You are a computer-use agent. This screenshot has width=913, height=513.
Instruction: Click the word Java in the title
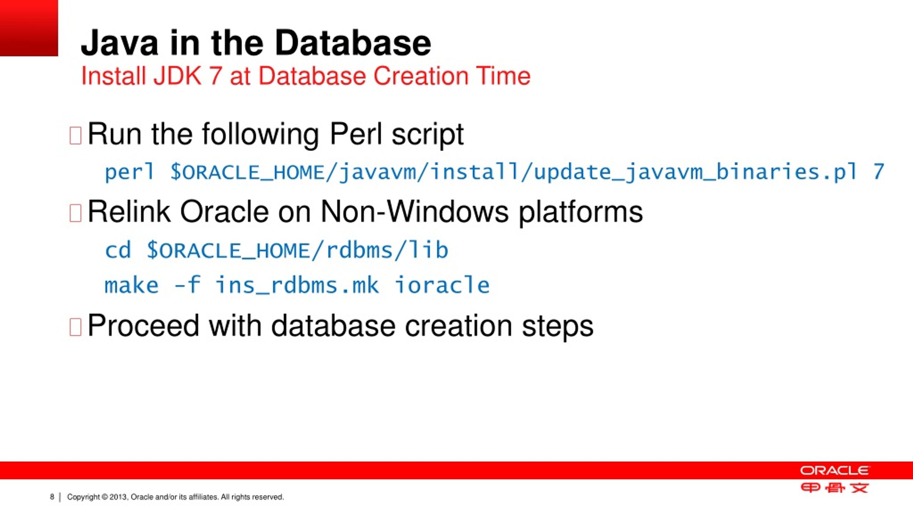tap(119, 43)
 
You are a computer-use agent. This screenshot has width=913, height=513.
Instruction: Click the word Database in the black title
tap(353, 43)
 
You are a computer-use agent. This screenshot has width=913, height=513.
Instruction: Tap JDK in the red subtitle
tap(177, 76)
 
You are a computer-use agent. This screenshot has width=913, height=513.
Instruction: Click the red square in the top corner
tap(29, 28)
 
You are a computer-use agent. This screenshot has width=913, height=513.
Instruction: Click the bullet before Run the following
tap(75, 135)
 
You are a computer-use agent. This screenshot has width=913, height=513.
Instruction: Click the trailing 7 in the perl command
tap(879, 172)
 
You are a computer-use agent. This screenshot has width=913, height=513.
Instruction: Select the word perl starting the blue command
tap(129, 172)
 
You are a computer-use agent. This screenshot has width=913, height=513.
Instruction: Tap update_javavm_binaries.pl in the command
tap(695, 172)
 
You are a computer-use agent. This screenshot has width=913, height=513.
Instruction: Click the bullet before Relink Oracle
tap(75, 213)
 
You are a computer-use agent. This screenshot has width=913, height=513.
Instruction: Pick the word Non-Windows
tap(414, 212)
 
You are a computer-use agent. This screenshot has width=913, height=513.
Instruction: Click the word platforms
tap(580, 213)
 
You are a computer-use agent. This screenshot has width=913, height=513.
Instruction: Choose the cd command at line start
tap(118, 250)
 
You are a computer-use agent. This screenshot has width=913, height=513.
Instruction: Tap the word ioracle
tap(442, 286)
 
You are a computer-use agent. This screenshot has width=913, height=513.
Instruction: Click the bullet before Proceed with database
tap(75, 327)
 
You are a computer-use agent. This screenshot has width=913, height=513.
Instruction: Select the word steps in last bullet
tap(557, 327)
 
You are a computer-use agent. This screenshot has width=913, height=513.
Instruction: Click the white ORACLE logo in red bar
tap(835, 471)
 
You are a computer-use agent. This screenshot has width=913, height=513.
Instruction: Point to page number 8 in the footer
tap(52, 497)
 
